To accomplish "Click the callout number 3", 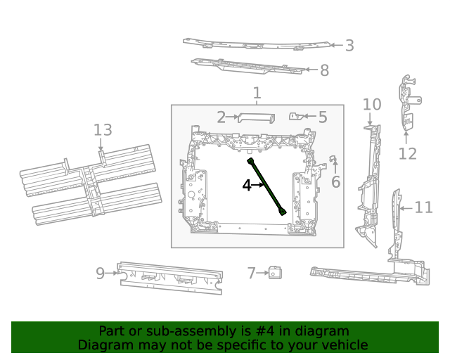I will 349,46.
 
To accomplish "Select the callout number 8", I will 323,70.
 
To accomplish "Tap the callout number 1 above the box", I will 257,93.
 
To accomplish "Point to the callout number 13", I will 103,130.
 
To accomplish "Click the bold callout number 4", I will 246,186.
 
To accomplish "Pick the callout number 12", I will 407,154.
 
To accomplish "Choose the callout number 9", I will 100,273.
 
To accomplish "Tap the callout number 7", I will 251,273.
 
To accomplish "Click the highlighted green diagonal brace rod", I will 267,186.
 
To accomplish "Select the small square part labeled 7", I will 275,273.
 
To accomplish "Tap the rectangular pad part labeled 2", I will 255,117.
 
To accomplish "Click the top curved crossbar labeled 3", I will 253,44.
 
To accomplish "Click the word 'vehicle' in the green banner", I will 344,345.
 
